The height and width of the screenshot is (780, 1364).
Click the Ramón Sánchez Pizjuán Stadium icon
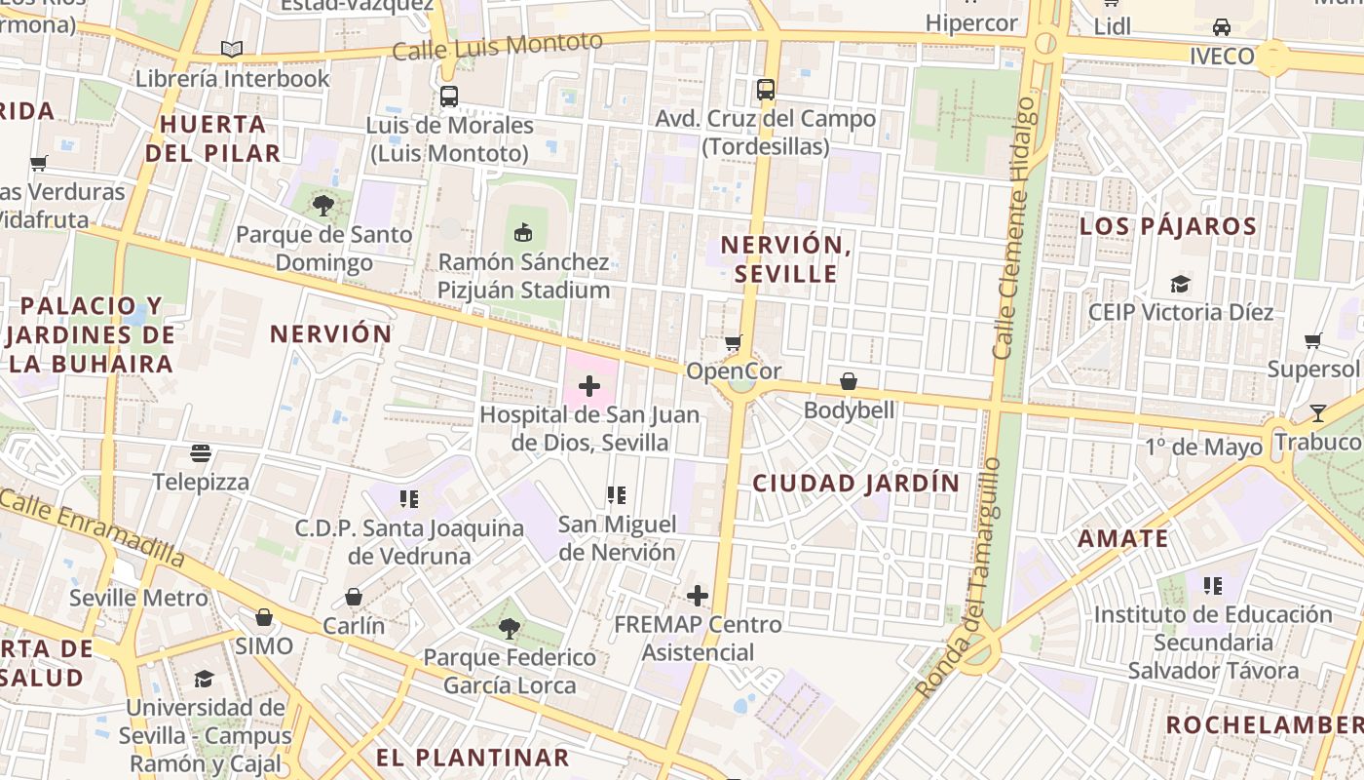(523, 232)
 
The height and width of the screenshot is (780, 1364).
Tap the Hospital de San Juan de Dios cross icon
(589, 386)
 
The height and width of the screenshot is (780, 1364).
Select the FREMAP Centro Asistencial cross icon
(698, 596)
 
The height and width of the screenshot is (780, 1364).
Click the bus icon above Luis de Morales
(448, 97)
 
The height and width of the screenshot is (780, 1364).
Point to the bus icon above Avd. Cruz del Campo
(766, 90)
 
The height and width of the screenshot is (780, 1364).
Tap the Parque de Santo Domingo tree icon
(323, 205)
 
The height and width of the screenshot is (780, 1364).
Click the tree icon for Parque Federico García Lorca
(509, 628)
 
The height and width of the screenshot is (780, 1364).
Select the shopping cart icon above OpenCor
(733, 342)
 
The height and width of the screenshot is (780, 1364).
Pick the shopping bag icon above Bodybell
(849, 381)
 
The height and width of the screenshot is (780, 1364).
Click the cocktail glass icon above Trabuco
(1318, 412)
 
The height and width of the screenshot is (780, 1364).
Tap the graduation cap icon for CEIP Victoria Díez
(1180, 284)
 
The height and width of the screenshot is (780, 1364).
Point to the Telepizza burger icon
(201, 452)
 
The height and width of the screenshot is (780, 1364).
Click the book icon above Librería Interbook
(232, 49)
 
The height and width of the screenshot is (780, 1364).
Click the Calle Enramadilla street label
(93, 526)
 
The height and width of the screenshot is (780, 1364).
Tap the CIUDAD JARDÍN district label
(855, 483)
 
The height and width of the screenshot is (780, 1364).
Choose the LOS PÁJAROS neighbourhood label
(1167, 227)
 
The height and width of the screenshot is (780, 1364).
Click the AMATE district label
(1122, 538)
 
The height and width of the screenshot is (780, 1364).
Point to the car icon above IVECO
(1221, 27)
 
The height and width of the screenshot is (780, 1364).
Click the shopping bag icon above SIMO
(264, 617)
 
